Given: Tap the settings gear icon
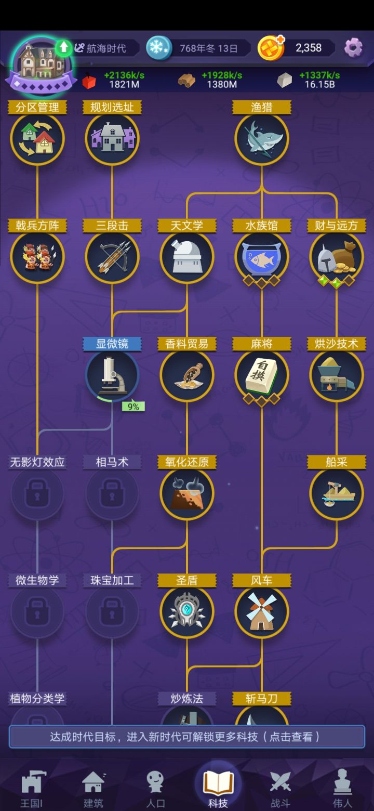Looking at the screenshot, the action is [353, 47].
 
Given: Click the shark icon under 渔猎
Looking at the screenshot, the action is [261, 139].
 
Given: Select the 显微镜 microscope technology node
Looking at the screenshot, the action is [112, 375].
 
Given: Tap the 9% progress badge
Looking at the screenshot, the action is [133, 407].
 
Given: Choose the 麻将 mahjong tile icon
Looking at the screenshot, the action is [261, 375].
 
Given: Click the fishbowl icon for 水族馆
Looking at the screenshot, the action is [261, 257].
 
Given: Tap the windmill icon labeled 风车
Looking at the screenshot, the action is [261, 612].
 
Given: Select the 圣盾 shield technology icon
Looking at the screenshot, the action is [187, 612].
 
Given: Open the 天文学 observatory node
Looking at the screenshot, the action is [187, 257].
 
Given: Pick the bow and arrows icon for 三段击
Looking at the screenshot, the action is [112, 257].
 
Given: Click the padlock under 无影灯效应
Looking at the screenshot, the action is [37, 493].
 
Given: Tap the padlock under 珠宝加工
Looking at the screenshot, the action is [112, 612].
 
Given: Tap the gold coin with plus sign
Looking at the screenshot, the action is [271, 47].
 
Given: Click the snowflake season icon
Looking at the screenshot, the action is [159, 47].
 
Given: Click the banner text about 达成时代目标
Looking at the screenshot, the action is [185, 737].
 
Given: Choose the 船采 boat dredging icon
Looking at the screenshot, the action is [337, 493].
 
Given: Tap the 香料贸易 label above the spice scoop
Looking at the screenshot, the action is [187, 344].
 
